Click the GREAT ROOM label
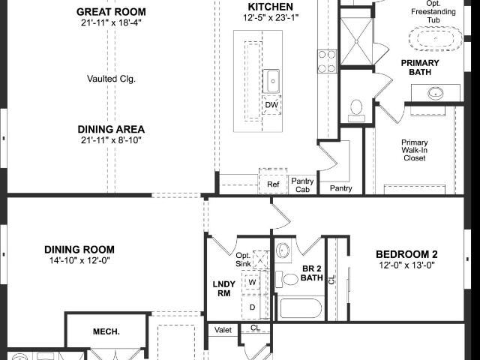tap(111, 12)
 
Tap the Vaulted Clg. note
tap(111, 79)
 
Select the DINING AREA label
tap(111, 129)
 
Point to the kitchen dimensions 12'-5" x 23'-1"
tap(271, 18)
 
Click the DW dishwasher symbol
tap(271, 105)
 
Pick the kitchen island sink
tap(271, 81)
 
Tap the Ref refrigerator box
tap(273, 184)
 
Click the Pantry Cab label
tap(302, 185)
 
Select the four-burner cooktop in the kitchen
tap(327, 61)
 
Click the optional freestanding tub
tap(435, 39)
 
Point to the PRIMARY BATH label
tap(420, 67)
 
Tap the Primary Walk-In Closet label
tap(415, 150)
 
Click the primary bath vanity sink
tap(435, 93)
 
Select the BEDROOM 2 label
tap(406, 254)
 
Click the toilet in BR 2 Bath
tap(287, 279)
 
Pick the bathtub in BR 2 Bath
tap(300, 308)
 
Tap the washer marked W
tap(252, 282)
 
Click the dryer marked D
tap(252, 307)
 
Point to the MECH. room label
tap(106, 331)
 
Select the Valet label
tap(223, 330)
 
